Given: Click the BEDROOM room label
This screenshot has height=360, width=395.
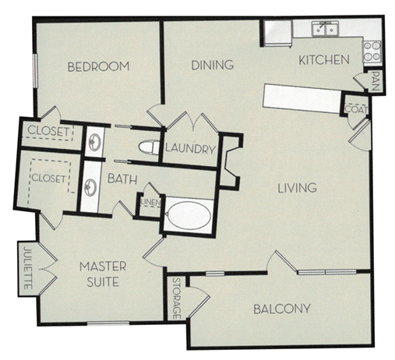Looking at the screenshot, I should pyautogui.click(x=97, y=66).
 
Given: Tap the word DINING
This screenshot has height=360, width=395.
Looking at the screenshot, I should pyautogui.click(x=213, y=65).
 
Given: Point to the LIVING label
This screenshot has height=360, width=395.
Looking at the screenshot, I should pyautogui.click(x=297, y=188).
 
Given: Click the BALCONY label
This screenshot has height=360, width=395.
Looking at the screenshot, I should pyautogui.click(x=282, y=309).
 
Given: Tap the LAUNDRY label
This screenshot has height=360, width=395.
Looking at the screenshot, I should pyautogui.click(x=189, y=147).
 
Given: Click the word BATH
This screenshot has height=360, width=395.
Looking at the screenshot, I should pyautogui.click(x=122, y=179).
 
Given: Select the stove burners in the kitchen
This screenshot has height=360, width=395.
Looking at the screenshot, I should pyautogui.click(x=372, y=51).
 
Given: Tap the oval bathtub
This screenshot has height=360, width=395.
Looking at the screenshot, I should pyautogui.click(x=189, y=216).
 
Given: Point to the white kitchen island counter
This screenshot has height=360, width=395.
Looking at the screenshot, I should pyautogui.click(x=302, y=97).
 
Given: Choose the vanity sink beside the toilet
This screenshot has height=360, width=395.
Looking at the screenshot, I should pyautogui.click(x=93, y=141).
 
